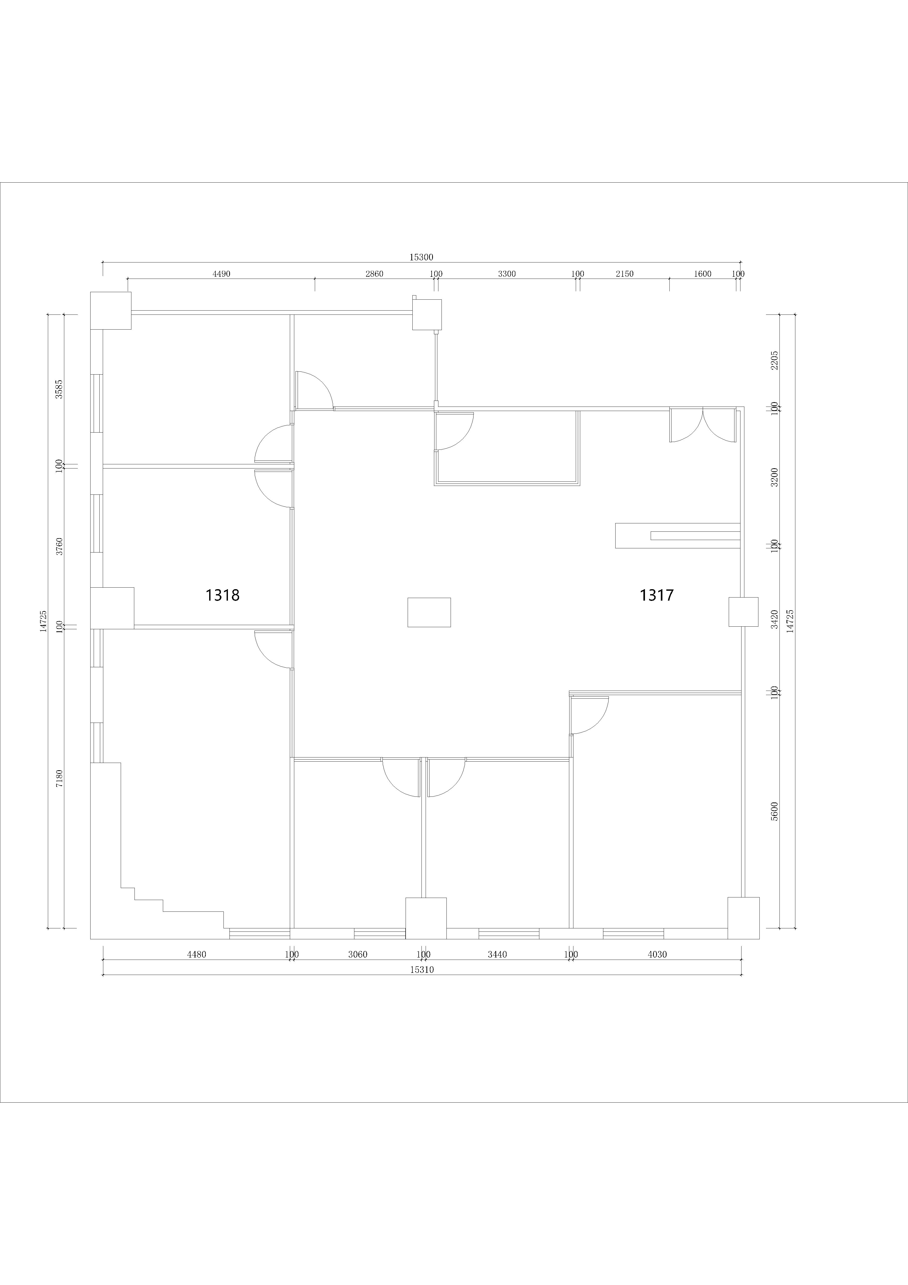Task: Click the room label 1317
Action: (657, 595)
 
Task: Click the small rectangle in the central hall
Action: (429, 612)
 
